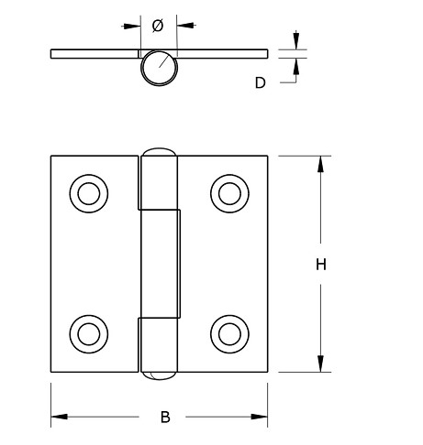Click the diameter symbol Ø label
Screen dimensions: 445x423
158,27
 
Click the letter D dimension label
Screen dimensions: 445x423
260,82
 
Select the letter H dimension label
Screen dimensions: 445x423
321,265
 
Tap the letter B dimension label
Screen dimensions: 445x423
165,418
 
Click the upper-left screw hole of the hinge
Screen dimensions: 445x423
87,194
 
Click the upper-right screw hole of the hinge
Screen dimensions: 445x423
228,194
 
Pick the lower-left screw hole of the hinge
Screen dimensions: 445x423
87,331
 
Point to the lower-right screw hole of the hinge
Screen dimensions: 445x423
228,331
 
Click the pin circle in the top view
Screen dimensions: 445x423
159,69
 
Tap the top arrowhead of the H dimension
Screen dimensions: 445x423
321,163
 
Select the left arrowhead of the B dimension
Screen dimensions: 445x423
58,417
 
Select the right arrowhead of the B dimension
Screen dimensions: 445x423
261,417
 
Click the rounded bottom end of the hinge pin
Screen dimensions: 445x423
158,374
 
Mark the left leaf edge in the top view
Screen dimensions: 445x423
52,54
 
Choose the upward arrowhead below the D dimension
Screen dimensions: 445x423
296,64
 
